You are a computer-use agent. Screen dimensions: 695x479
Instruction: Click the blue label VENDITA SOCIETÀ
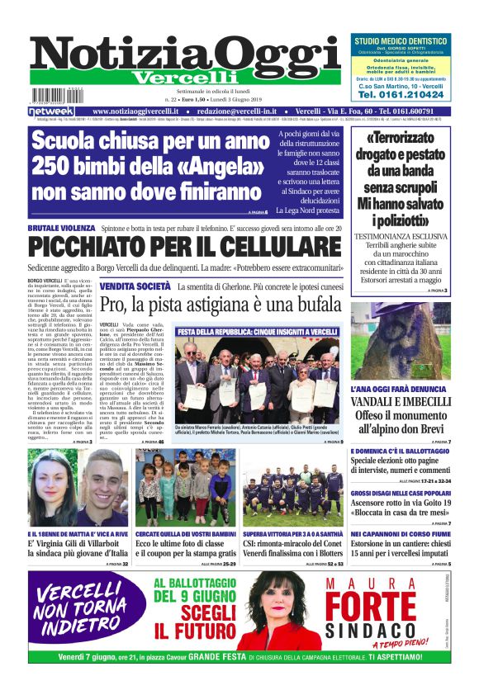pyautogui.click(x=135, y=286)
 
